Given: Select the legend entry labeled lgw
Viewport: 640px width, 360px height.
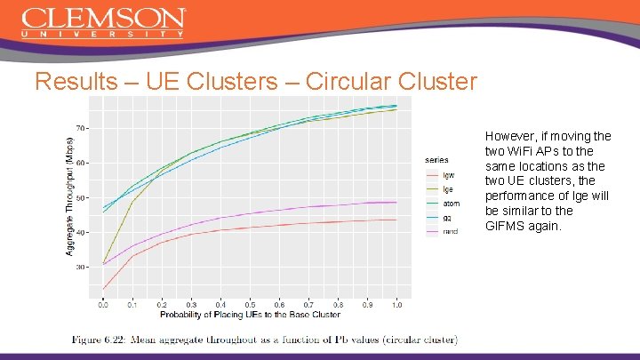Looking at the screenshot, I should click(x=448, y=175).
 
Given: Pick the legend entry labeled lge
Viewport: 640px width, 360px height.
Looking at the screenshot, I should click(x=448, y=188).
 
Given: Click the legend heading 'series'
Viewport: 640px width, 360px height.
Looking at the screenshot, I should click(x=436, y=160).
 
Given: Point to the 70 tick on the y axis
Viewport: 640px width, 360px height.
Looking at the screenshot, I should click(x=81, y=128).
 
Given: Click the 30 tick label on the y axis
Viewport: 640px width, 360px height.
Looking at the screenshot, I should click(x=81, y=267).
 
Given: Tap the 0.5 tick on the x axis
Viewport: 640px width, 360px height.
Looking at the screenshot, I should click(x=250, y=304).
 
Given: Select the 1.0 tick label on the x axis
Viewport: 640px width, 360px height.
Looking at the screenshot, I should click(x=396, y=304).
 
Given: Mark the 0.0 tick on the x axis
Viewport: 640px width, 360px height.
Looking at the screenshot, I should click(x=103, y=304).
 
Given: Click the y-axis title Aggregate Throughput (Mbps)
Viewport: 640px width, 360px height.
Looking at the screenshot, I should click(x=70, y=197).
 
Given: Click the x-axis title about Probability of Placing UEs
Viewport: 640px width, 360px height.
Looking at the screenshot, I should click(x=250, y=314).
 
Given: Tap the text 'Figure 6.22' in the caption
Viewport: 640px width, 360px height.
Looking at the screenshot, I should click(x=100, y=340).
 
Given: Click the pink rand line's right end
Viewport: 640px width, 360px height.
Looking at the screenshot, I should click(x=396, y=202).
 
